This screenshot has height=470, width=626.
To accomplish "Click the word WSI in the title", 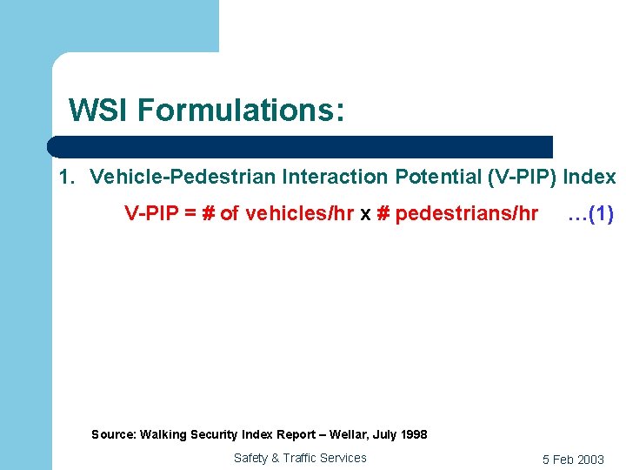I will click(x=98, y=111).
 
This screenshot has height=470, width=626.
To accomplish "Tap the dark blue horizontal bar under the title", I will click(x=300, y=146).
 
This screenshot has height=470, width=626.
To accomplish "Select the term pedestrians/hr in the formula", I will click(x=466, y=214).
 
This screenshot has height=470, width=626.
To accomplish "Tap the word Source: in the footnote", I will click(x=113, y=434).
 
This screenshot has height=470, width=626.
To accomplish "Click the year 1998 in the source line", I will click(x=412, y=434).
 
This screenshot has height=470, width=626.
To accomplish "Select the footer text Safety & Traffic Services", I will click(x=300, y=458).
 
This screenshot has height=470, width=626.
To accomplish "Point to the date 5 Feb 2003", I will click(x=573, y=460).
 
